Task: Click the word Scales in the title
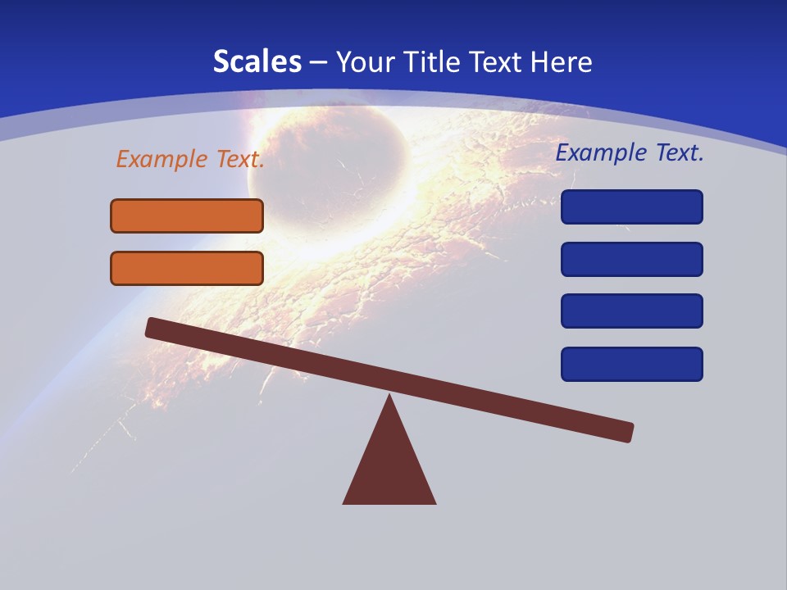[x=257, y=61]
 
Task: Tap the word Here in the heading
[x=559, y=61]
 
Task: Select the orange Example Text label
[x=190, y=159]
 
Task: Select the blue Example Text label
[x=630, y=152]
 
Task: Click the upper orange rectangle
[x=187, y=216]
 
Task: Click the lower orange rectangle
[x=187, y=268]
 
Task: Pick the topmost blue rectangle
[x=632, y=206]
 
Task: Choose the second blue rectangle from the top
[x=632, y=259]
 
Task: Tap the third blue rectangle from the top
[x=632, y=311]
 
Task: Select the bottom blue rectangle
[x=632, y=364]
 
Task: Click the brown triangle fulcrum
[x=389, y=467]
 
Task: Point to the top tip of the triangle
[x=389, y=397]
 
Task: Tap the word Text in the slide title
[x=494, y=61]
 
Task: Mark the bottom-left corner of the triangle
[x=344, y=502]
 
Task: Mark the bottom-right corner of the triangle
[x=434, y=502]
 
